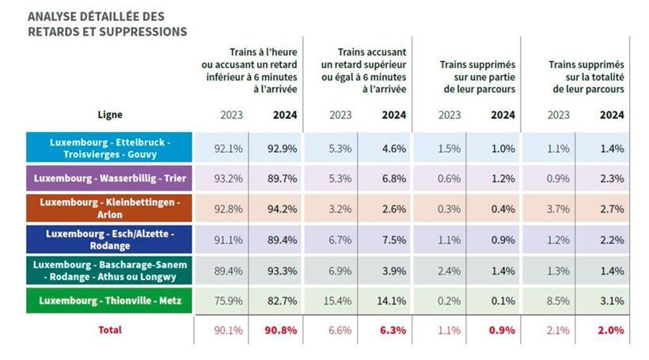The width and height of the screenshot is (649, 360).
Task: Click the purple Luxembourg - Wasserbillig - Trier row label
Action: tap(109, 178)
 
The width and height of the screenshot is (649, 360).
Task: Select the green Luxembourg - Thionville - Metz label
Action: tap(109, 301)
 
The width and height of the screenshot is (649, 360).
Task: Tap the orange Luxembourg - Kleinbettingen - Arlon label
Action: tap(109, 209)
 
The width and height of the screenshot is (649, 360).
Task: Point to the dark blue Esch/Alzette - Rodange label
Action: tap(109, 240)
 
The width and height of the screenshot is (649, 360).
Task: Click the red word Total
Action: tap(109, 329)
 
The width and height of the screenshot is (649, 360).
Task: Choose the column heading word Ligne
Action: tap(110, 115)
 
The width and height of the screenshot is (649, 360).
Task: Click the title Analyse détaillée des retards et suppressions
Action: tap(107, 24)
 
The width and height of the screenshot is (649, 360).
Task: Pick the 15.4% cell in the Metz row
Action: tap(340, 301)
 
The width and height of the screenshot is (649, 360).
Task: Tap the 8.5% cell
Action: tap(558, 301)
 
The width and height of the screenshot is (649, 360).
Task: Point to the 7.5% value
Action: tap(393, 240)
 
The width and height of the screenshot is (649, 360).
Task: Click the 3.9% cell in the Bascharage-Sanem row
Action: tap(393, 271)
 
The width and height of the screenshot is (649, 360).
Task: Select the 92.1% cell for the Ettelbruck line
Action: tap(229, 148)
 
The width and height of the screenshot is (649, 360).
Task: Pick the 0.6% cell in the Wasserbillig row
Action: tap(449, 178)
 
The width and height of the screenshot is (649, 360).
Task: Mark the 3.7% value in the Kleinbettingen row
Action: tap(558, 209)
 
